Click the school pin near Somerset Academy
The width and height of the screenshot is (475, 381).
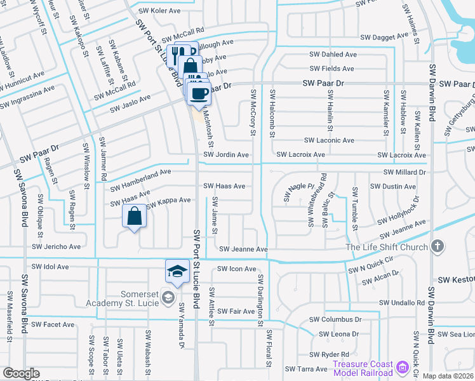[x=177, y=271]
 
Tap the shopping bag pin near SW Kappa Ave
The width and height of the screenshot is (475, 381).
[x=134, y=217]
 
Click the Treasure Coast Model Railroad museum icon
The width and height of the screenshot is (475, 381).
[x=401, y=367]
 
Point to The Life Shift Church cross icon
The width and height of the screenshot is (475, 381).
[x=437, y=246]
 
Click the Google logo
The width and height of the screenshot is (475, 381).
[x=21, y=373]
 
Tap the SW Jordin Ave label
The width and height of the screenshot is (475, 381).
[x=225, y=154]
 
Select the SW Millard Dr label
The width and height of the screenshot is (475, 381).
[x=404, y=172]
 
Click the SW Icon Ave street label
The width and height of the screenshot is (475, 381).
[x=236, y=269]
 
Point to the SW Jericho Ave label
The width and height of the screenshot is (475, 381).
[x=57, y=246]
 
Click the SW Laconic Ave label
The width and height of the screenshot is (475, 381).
[x=329, y=140]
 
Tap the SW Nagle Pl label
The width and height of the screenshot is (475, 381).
[x=299, y=193]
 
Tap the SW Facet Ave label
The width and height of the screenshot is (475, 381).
[x=53, y=324]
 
